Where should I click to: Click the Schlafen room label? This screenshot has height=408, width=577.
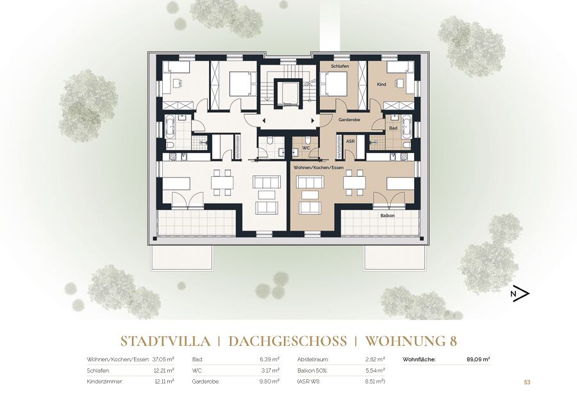pos(340,66)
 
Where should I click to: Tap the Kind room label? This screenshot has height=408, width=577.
pos(381,85)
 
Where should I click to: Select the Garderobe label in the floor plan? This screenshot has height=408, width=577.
pos(349,120)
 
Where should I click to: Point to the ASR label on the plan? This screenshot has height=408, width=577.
pos(350,141)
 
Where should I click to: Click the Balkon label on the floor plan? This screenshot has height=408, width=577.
pos(387,216)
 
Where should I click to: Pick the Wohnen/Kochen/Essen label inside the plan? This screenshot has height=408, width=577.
pos(318,168)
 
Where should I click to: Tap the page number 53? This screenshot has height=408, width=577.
pos(527,382)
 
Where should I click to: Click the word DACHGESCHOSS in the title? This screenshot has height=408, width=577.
pos(287,341)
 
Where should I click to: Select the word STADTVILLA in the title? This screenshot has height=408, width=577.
pos(166,341)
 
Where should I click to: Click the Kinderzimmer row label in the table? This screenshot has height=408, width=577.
pos(105,382)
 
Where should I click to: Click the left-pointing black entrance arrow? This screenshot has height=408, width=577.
pos(263,120)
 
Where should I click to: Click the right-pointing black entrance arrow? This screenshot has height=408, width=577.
pos(313,120)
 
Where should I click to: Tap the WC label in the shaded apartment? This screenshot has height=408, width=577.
pos(306,148)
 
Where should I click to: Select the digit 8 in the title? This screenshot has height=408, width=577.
pos(453,341)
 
